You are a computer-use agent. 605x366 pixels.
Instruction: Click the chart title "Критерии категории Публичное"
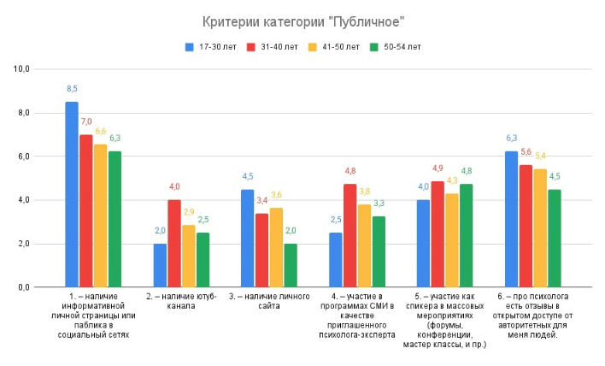(302, 21)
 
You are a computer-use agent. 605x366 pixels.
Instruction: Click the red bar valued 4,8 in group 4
(350, 235)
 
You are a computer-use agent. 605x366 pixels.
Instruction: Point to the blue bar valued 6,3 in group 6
(511, 219)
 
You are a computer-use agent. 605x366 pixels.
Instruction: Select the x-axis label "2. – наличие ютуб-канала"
(181, 301)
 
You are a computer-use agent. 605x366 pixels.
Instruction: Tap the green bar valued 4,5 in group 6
(555, 239)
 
